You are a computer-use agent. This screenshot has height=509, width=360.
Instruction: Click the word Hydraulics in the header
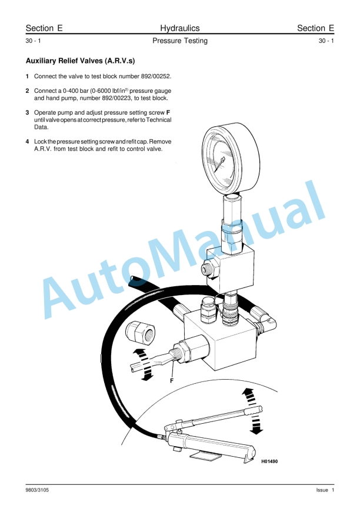coord(179,28)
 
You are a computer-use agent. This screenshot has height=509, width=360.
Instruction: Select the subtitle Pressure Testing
coord(179,41)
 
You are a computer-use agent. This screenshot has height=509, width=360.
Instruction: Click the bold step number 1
coord(28,76)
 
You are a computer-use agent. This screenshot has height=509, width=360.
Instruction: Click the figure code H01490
coord(269,461)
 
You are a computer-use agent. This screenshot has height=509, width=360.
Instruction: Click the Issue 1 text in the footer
coord(325,490)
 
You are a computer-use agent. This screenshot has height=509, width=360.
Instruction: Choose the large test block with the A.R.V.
coord(221,341)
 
